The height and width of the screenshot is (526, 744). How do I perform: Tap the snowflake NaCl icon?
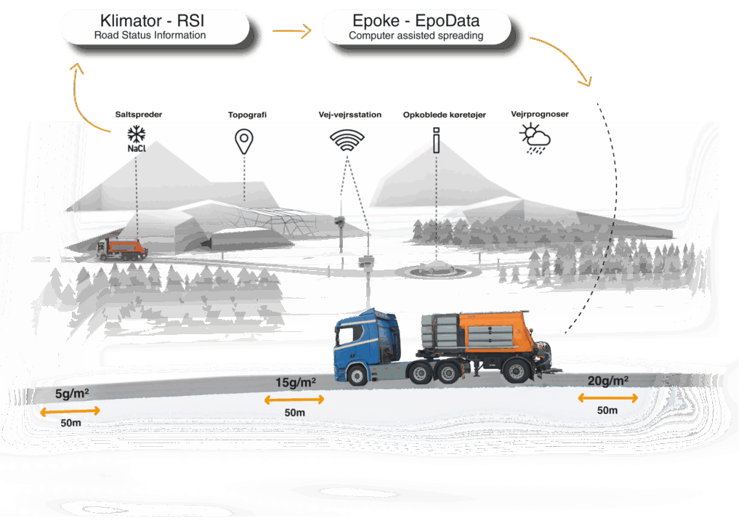click(x=135, y=139)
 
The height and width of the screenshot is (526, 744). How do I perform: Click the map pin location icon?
click(x=244, y=141)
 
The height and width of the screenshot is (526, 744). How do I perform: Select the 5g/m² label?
click(x=72, y=394)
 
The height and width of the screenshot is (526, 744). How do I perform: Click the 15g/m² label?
click(x=295, y=382)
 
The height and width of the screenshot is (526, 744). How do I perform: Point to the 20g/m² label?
click(x=608, y=381)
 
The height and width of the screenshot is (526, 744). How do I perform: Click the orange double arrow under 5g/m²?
click(x=69, y=411)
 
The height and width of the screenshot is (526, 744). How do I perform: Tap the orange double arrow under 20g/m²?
click(x=607, y=397)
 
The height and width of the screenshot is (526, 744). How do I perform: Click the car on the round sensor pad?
click(x=434, y=267)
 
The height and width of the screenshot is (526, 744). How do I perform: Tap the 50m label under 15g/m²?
click(x=294, y=413)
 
